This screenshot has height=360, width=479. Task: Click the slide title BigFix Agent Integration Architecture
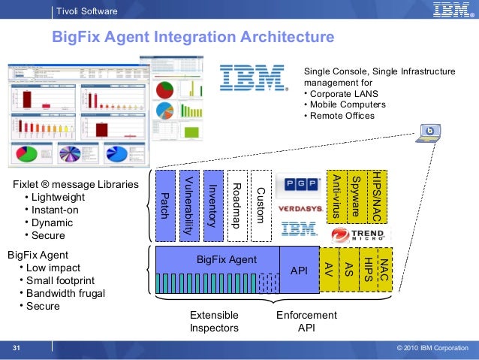[x=191, y=38]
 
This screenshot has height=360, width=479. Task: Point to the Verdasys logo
[x=300, y=208]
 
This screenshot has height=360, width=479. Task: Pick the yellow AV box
[x=328, y=269]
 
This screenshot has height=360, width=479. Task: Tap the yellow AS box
[x=348, y=269]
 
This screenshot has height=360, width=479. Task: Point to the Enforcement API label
[x=306, y=322]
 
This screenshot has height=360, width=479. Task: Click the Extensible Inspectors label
[x=214, y=322]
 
